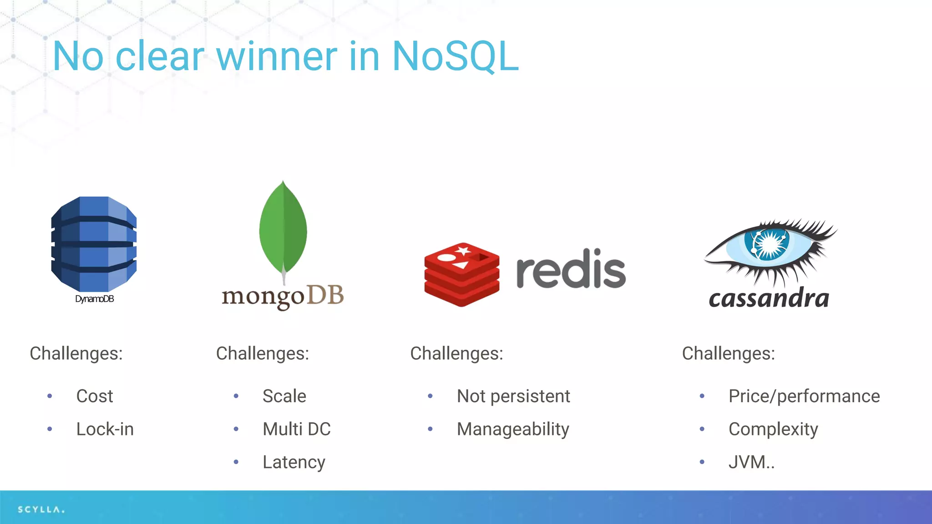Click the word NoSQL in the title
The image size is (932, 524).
pyautogui.click(x=455, y=56)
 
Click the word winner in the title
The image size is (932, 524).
pyautogui.click(x=276, y=56)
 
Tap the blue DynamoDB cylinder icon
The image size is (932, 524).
pyautogui.click(x=94, y=244)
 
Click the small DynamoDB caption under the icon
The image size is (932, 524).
pyautogui.click(x=94, y=299)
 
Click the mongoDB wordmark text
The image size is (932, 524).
pyautogui.click(x=283, y=297)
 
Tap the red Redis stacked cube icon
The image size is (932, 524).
pyautogui.click(x=461, y=274)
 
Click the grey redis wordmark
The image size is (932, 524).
pyautogui.click(x=571, y=269)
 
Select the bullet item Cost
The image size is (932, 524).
pyautogui.click(x=94, y=396)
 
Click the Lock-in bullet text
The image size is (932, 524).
pyautogui.click(x=105, y=429)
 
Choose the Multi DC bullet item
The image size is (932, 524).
pyautogui.click(x=296, y=429)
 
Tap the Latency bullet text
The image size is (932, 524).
pyautogui.click(x=294, y=463)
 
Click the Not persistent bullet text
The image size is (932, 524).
pyautogui.click(x=513, y=396)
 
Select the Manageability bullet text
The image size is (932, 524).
pyautogui.click(x=513, y=429)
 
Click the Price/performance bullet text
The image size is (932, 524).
pyautogui.click(x=804, y=396)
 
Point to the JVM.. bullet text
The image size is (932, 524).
pyautogui.click(x=751, y=463)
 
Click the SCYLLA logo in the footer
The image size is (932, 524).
pyautogui.click(x=41, y=509)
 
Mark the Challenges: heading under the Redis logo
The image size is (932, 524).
pyautogui.click(x=456, y=353)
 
